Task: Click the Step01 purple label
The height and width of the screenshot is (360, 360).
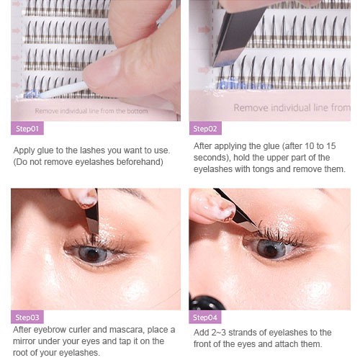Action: pyautogui.click(x=27, y=128)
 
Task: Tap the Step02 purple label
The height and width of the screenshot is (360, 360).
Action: pyautogui.click(x=205, y=128)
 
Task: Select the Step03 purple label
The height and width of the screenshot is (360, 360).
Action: pyautogui.click(x=27, y=317)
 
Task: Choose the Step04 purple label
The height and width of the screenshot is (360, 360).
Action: pyautogui.click(x=205, y=317)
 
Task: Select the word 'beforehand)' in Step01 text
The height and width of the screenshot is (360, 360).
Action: pyautogui.click(x=140, y=162)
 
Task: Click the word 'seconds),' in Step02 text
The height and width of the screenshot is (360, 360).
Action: pyautogui.click(x=212, y=158)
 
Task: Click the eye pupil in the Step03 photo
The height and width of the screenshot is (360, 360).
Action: pyautogui.click(x=92, y=254)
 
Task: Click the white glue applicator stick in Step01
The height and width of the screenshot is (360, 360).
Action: pyautogui.click(x=63, y=91)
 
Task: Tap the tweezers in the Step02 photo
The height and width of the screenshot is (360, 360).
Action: pyautogui.click(x=236, y=36)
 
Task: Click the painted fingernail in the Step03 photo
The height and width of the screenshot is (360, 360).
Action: pyautogui.click(x=88, y=199)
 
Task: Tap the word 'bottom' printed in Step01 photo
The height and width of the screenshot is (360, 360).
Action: pyautogui.click(x=138, y=111)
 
